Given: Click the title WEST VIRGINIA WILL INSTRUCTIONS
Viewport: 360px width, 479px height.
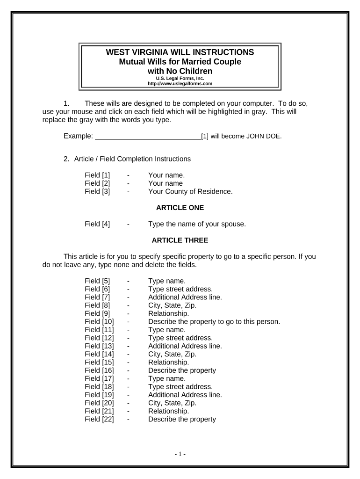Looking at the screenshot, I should (180, 52).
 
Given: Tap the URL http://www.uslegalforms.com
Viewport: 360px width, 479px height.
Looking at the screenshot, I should (180, 84).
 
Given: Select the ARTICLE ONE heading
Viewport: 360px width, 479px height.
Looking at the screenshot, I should (180, 208).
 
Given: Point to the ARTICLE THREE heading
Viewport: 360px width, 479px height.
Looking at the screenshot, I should (180, 240).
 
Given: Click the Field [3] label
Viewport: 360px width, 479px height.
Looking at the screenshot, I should (97, 191).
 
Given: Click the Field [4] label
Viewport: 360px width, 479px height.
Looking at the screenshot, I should (97, 224).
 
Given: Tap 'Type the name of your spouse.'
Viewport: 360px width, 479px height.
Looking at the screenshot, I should (197, 224).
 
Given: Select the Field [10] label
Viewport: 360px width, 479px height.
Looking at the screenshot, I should (99, 321).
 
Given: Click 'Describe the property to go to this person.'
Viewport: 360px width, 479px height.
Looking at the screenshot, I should (214, 321).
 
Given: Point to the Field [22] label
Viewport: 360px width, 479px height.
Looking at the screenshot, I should (99, 419).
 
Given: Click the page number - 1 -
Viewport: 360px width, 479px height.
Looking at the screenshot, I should (180, 454).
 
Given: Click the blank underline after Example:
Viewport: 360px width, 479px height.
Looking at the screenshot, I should (148, 136).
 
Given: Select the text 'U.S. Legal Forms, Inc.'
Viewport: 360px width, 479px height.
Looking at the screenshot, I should (180, 79).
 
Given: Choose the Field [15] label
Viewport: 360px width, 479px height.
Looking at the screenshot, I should (99, 362).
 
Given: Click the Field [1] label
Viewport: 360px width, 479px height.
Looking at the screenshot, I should (97, 175).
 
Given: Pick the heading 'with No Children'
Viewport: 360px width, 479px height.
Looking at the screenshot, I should (180, 71).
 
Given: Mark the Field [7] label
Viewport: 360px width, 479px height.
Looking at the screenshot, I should (97, 297).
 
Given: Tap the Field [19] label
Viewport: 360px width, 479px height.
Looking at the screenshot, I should (99, 395).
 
